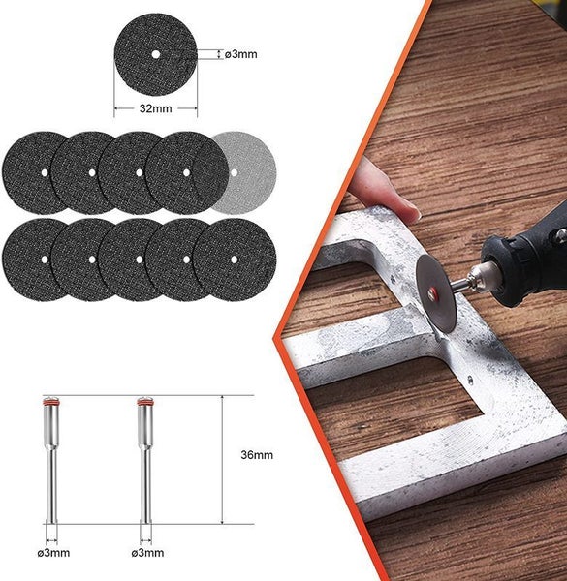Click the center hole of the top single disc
(x=155, y=55)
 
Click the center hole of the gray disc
(x=234, y=172)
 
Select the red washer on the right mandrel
(x=144, y=401)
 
